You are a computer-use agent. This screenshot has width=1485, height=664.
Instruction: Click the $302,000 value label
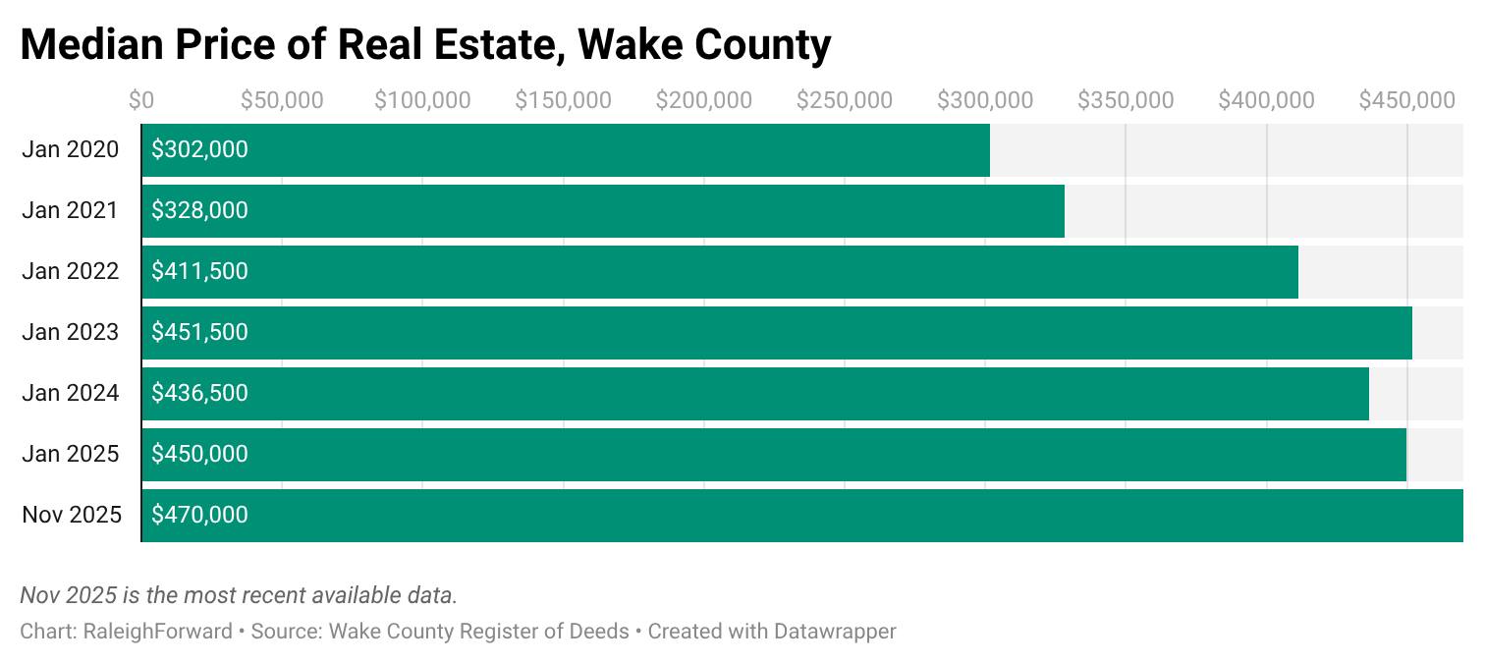point(199,149)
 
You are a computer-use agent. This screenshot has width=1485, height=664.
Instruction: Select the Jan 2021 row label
point(70,210)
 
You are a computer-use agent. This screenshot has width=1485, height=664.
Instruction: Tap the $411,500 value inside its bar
point(199,271)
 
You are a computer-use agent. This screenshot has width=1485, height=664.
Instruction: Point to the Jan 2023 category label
point(71,332)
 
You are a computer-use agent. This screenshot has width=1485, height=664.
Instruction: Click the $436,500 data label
point(199,393)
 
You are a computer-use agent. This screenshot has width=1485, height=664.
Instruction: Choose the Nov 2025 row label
point(72,515)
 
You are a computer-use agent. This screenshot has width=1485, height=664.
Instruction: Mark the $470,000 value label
point(199,515)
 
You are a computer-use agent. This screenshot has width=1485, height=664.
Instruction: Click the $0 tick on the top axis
point(141,100)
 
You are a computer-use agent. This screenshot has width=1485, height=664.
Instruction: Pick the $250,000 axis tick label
point(844,100)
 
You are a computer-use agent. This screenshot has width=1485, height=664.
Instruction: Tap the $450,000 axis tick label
point(1406,100)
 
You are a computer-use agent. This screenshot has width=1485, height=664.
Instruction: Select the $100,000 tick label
point(422,100)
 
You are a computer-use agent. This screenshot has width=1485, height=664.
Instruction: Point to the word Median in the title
point(91,44)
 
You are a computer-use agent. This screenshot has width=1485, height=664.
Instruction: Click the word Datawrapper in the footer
point(835,631)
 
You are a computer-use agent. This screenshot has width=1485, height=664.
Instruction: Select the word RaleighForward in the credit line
point(158,631)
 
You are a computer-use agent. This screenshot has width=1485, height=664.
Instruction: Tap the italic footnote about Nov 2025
point(239,595)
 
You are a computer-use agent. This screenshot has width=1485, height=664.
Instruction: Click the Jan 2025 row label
point(71,454)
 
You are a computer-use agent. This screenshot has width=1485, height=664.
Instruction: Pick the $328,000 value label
point(199,210)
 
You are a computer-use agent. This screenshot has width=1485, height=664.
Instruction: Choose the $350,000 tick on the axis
point(1126,100)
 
